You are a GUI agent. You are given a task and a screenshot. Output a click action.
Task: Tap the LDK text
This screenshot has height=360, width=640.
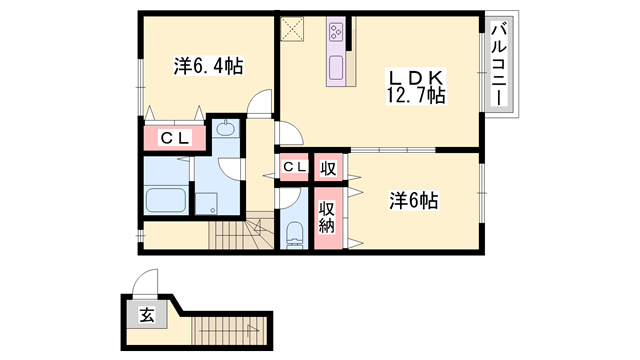click(x=416, y=76)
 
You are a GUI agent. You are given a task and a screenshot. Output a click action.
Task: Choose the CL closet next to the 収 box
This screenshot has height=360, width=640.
click(x=294, y=167)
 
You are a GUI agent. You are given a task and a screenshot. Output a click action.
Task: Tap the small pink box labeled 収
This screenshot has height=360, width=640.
click(x=327, y=167)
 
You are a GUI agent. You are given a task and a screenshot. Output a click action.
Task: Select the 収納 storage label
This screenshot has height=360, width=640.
click(x=327, y=217)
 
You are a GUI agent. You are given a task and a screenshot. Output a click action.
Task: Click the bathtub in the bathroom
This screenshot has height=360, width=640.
click(x=166, y=198)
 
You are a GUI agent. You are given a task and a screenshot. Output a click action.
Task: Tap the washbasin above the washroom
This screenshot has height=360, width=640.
click(x=226, y=129)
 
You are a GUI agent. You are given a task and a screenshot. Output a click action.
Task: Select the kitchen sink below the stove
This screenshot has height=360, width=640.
click(x=336, y=68)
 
